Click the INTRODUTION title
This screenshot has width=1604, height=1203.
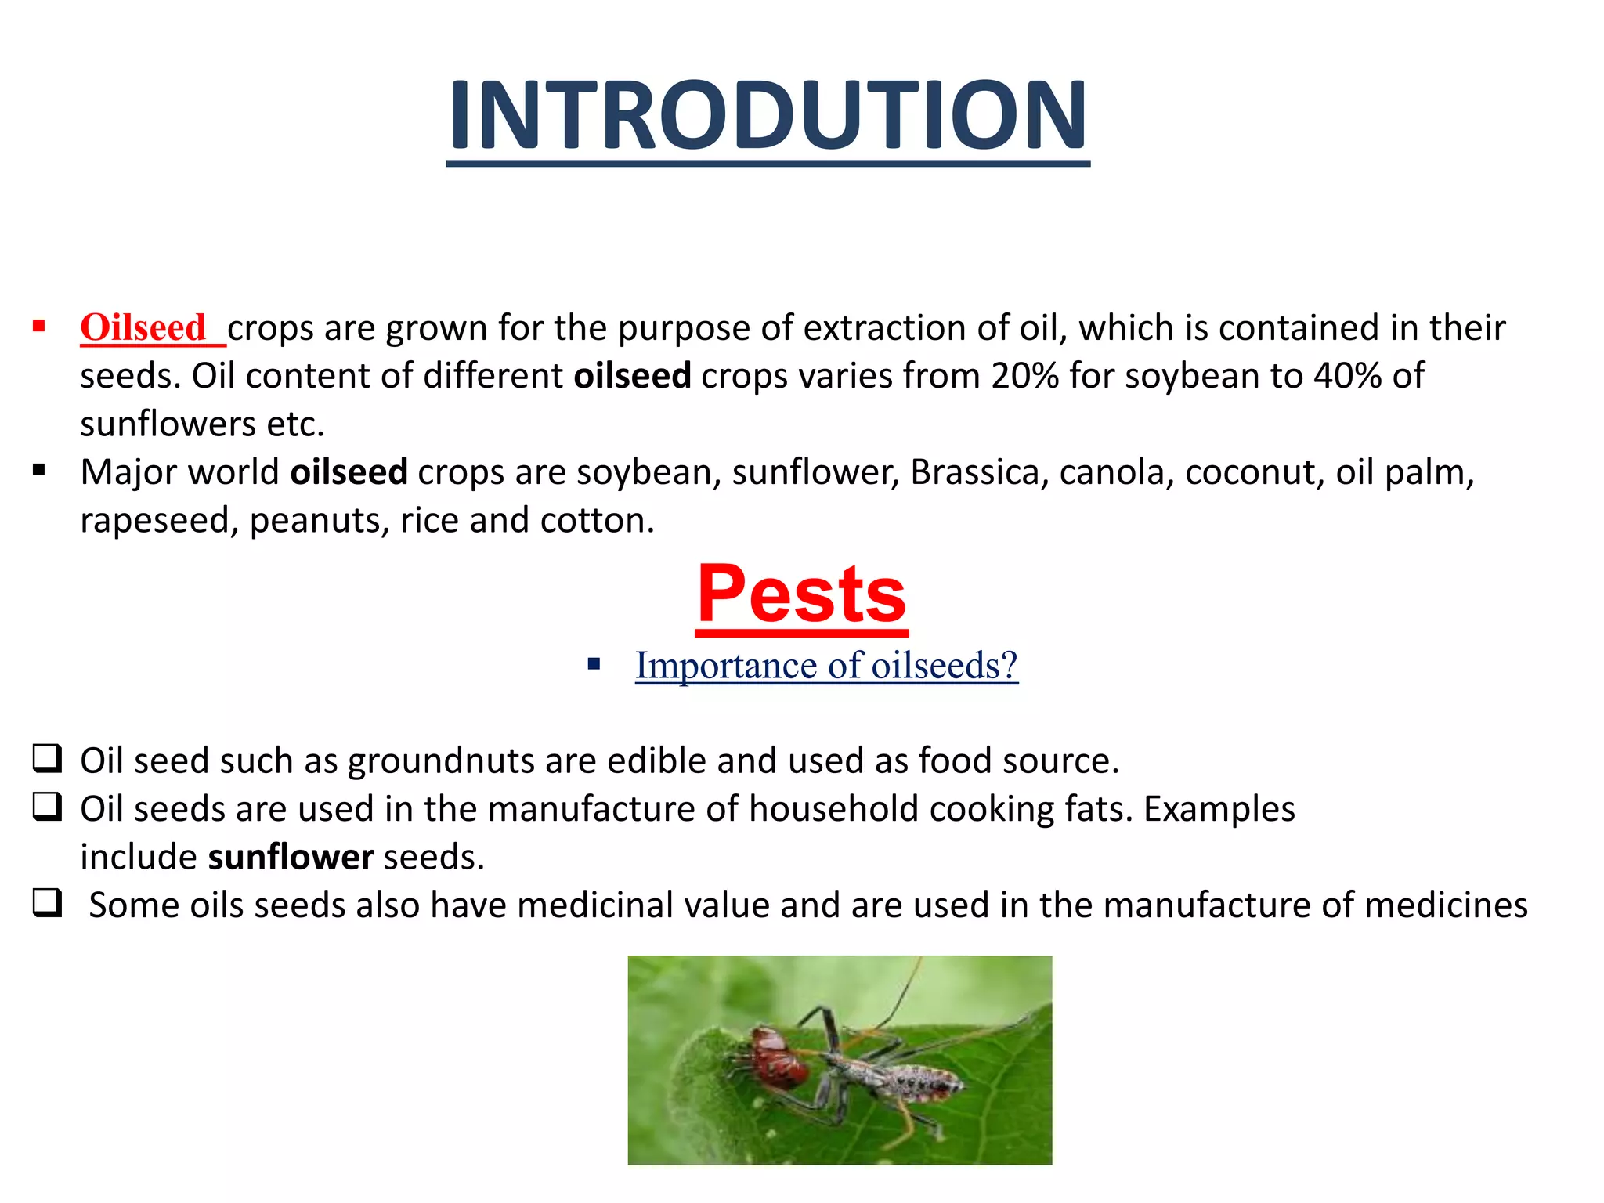pos(768,116)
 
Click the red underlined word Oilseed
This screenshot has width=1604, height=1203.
pos(143,328)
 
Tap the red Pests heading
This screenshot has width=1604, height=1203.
pos(801,595)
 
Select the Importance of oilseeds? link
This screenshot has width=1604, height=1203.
pos(826,666)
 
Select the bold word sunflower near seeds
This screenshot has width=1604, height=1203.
pos(291,858)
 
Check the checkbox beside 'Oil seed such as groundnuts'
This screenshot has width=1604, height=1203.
pos(47,759)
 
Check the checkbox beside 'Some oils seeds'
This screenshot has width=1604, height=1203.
pos(47,904)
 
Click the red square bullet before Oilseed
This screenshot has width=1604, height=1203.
pos(38,326)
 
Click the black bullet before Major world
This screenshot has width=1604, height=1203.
pos(38,471)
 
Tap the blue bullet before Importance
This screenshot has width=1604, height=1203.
pos(594,665)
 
